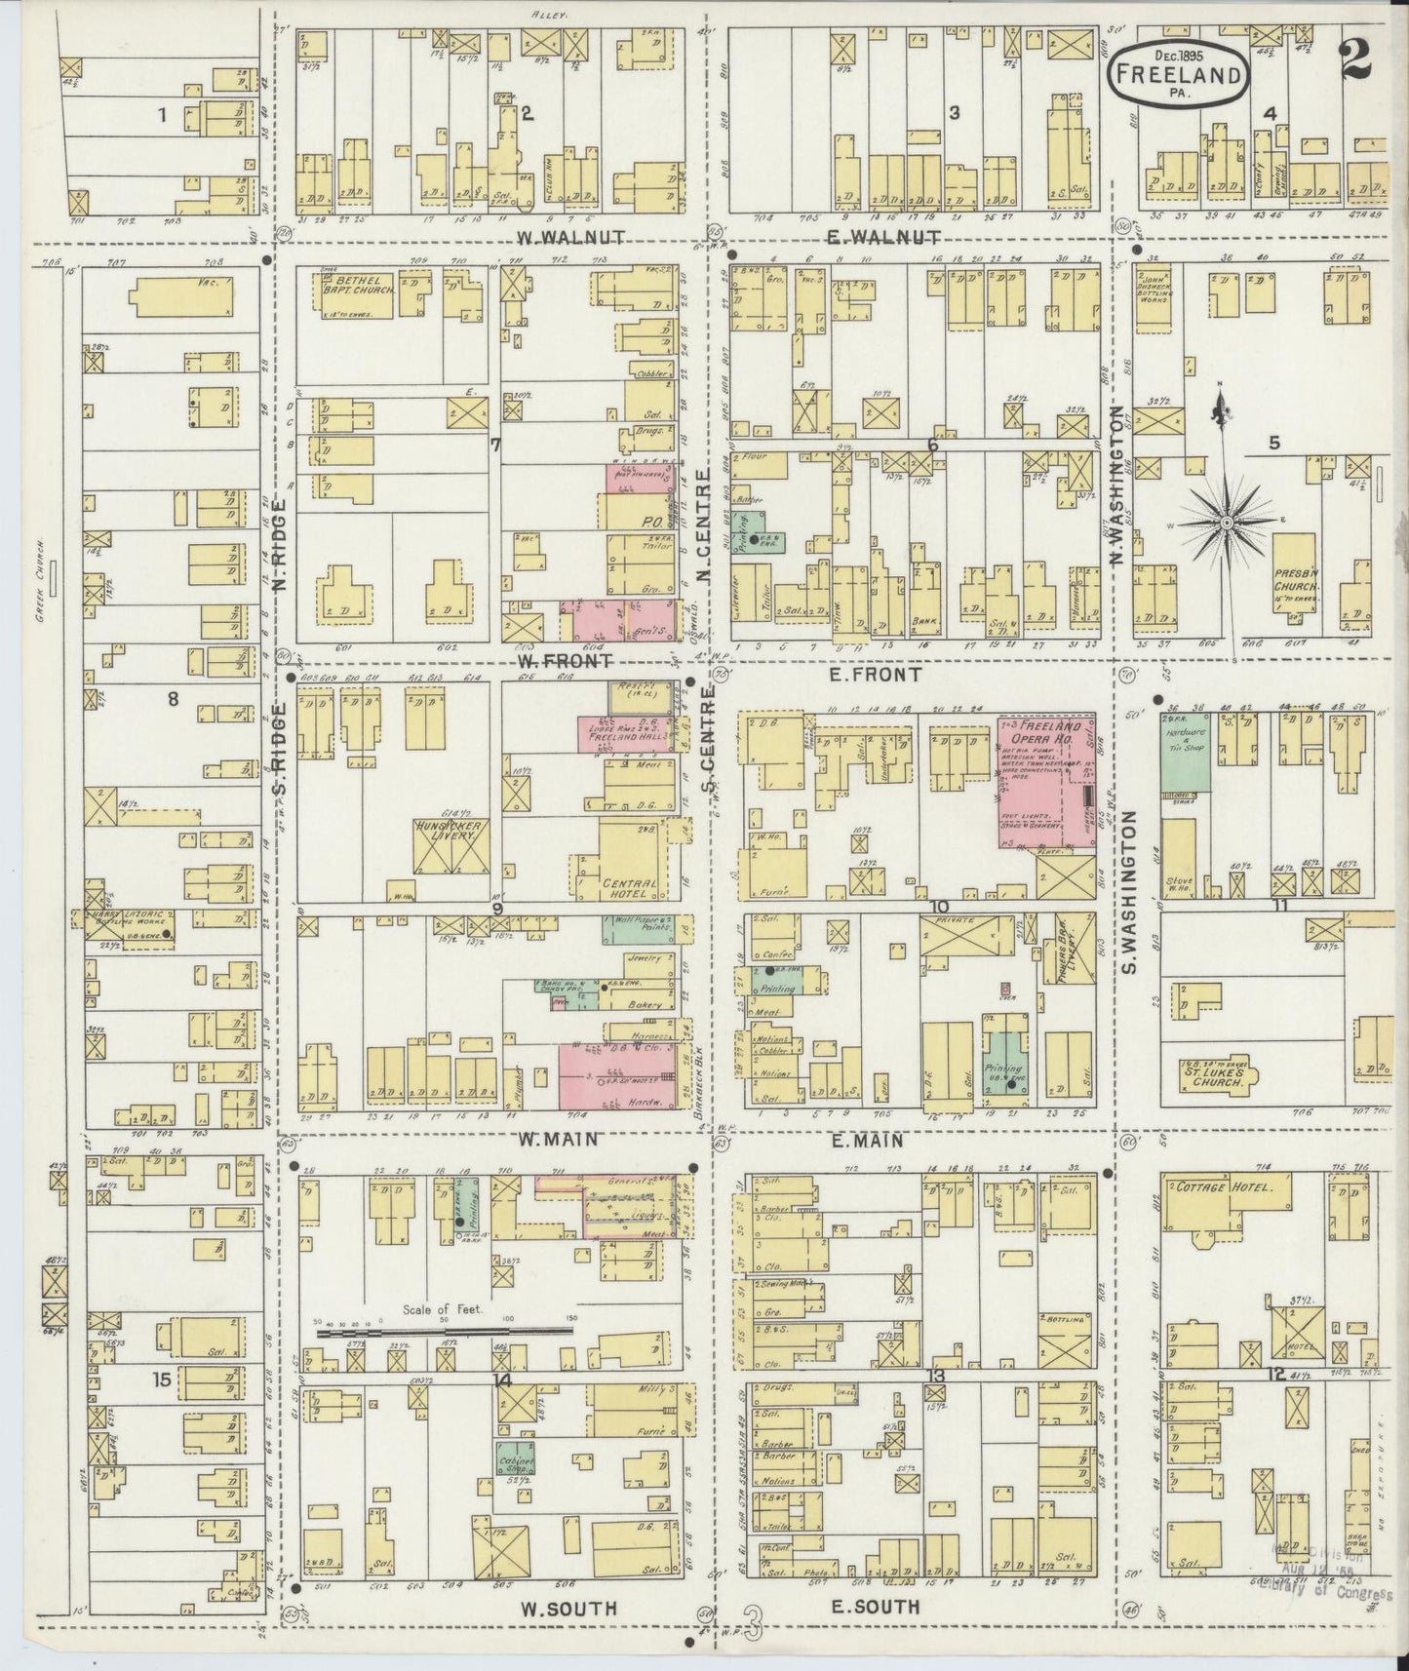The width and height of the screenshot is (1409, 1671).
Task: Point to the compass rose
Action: (1223, 522)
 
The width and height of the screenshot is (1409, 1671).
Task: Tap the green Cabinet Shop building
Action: (514, 1458)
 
